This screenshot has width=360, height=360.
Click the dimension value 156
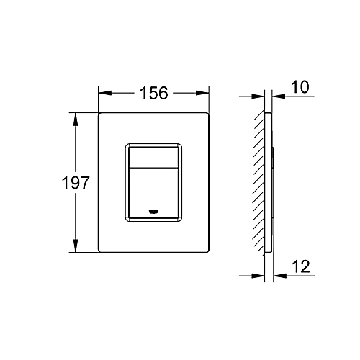click(153, 94)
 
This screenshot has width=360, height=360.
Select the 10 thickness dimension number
click(302, 88)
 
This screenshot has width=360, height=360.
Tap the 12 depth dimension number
click(302, 268)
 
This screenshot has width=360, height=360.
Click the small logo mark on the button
click(154, 211)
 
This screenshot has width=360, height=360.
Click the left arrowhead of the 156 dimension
click(102, 94)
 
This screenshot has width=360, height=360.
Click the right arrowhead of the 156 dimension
click(204, 94)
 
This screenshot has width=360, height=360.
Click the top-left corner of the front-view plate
click(99, 112)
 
